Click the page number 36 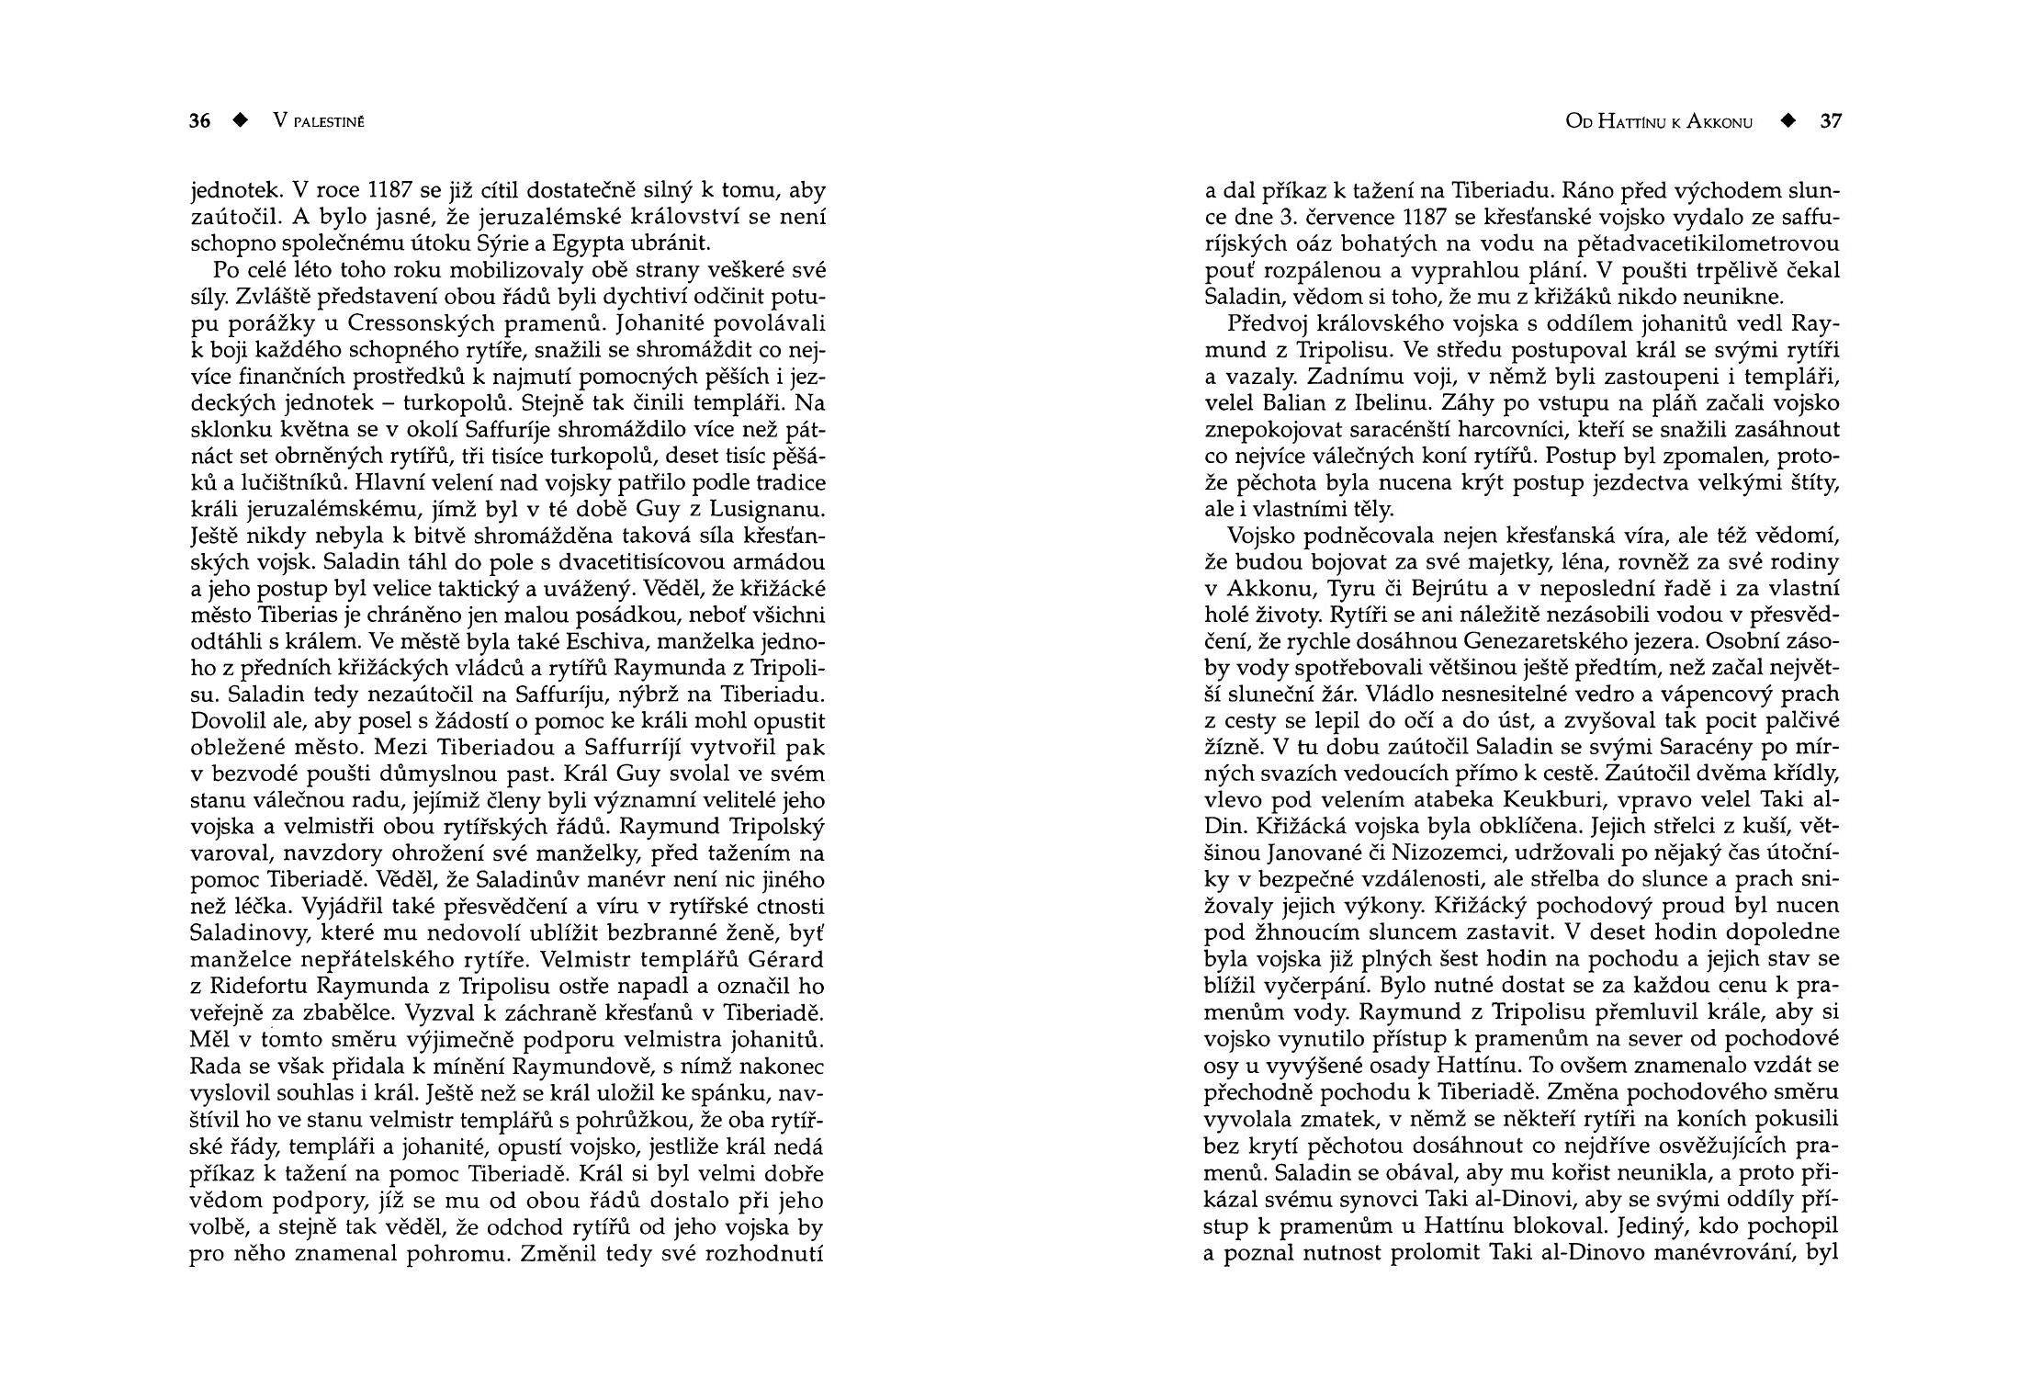pyautogui.click(x=199, y=121)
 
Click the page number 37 pyautogui.click(x=1831, y=121)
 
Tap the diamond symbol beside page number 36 pyautogui.click(x=241, y=121)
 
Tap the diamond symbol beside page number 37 pyautogui.click(x=1788, y=121)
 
